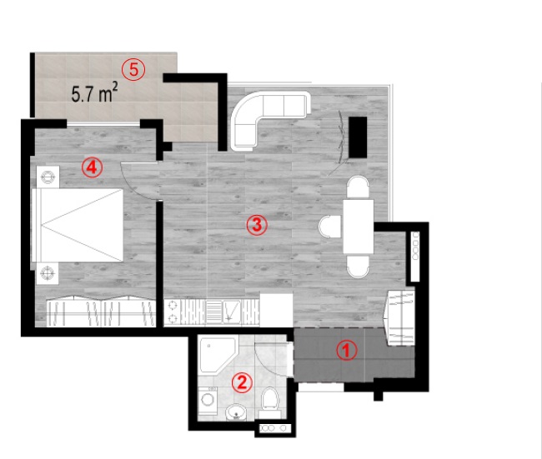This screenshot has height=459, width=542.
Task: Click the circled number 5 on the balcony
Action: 133,70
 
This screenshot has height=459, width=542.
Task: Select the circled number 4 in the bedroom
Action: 92,167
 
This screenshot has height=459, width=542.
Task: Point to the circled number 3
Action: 257,225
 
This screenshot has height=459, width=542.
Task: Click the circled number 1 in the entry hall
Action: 347,351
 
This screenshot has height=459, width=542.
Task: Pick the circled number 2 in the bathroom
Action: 242,382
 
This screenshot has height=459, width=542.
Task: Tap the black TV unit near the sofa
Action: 358,137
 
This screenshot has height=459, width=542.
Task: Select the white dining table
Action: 359,227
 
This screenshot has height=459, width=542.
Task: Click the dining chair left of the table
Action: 329,227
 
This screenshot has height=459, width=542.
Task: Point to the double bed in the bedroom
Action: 78,225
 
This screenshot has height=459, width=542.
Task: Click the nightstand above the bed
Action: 48,177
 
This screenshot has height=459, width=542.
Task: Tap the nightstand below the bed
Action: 48,273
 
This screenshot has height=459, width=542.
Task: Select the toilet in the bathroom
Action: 270,402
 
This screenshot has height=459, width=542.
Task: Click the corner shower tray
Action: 217,355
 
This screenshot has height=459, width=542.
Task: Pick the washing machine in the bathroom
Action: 208,401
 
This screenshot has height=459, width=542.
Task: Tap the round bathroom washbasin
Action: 237,412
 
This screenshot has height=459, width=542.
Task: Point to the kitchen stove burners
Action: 173,312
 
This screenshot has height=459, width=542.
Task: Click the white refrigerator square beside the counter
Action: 276,310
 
